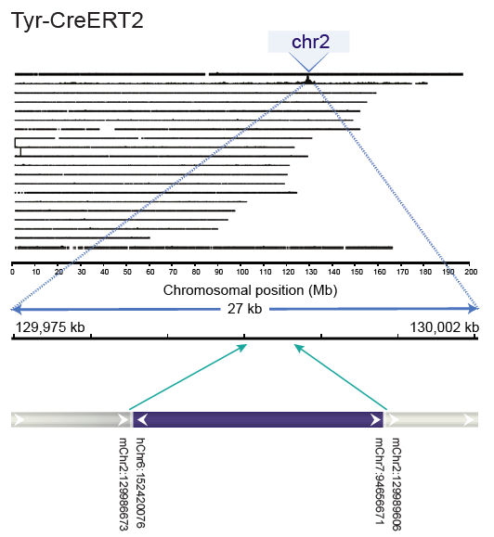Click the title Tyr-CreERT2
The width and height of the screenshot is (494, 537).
tap(77, 20)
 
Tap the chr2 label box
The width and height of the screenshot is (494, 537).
tap(308, 42)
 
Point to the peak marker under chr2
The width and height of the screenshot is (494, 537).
tap(308, 81)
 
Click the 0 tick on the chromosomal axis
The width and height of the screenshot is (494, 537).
tap(11, 273)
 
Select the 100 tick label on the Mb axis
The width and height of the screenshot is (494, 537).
tap(241, 273)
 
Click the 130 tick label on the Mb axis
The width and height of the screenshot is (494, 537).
tap(310, 273)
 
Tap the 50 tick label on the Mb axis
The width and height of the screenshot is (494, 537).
tap(126, 273)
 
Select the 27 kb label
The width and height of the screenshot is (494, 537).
tap(244, 309)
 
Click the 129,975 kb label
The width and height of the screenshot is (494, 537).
tap(51, 327)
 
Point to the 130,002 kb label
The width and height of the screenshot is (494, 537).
tap(445, 327)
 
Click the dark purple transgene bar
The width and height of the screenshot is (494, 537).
tap(257, 420)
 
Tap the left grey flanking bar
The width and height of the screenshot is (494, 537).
tap(70, 420)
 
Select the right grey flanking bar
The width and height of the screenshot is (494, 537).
tap(432, 420)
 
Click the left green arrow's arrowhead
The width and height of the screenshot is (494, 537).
tap(246, 346)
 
